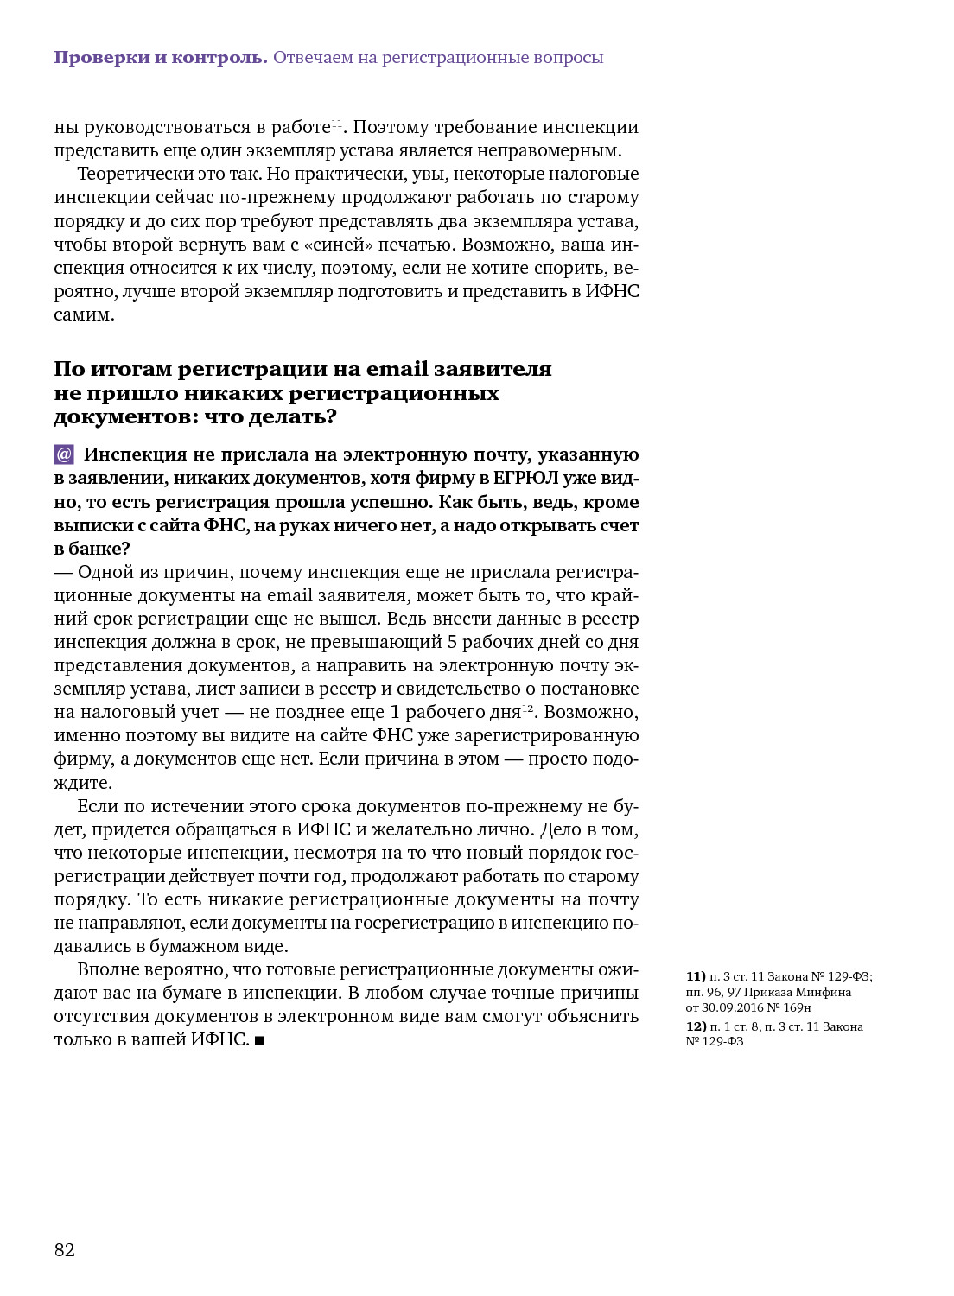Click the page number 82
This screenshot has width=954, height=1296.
[x=65, y=1250]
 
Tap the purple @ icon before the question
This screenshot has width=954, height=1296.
[x=64, y=454]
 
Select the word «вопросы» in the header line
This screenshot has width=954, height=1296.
[x=569, y=58]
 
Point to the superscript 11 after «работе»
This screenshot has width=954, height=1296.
[x=337, y=123]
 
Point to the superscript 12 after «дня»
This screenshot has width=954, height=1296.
[x=528, y=708]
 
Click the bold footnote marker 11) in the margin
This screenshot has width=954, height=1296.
[x=696, y=976]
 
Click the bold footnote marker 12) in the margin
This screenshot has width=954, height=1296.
[x=696, y=1026]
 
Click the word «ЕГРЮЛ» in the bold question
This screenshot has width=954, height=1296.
[x=525, y=478]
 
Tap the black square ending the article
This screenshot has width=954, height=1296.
[x=260, y=1041]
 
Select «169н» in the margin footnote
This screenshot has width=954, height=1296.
[x=798, y=1007]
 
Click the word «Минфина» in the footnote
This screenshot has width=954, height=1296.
[x=824, y=992]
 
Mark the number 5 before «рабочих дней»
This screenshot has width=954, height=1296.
[x=451, y=642]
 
